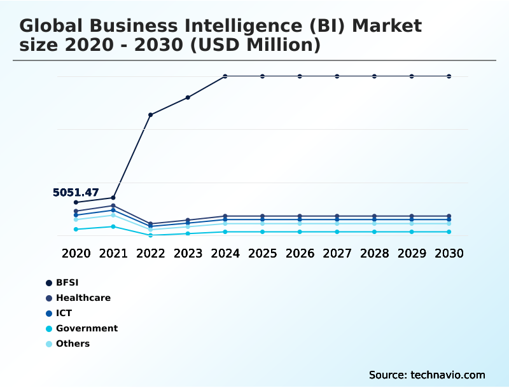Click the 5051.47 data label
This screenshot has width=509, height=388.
[x=76, y=193]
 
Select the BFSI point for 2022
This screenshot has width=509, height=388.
[x=151, y=114]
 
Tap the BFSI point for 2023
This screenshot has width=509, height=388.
[x=188, y=97]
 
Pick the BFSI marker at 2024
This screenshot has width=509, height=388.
[x=225, y=76]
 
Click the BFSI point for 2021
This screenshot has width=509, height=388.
[x=113, y=198]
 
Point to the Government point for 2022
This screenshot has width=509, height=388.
[x=151, y=235]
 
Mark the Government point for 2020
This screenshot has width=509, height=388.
[x=76, y=229]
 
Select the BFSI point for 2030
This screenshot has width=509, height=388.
[x=449, y=76]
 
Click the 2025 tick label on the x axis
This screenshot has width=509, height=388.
[x=262, y=253]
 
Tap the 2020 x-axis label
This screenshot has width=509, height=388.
[x=76, y=253]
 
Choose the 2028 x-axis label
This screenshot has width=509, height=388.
[x=374, y=253]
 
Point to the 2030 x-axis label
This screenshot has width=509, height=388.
[x=449, y=253]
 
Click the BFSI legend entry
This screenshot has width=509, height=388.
[x=67, y=282]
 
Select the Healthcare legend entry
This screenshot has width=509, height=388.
[x=83, y=298]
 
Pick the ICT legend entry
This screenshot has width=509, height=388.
[x=64, y=313]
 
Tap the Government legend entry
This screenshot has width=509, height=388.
[x=87, y=328]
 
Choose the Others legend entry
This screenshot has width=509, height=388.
[x=73, y=343]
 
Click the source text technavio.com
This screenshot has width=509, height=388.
[x=448, y=375]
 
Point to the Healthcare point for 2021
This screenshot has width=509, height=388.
[x=113, y=205]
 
